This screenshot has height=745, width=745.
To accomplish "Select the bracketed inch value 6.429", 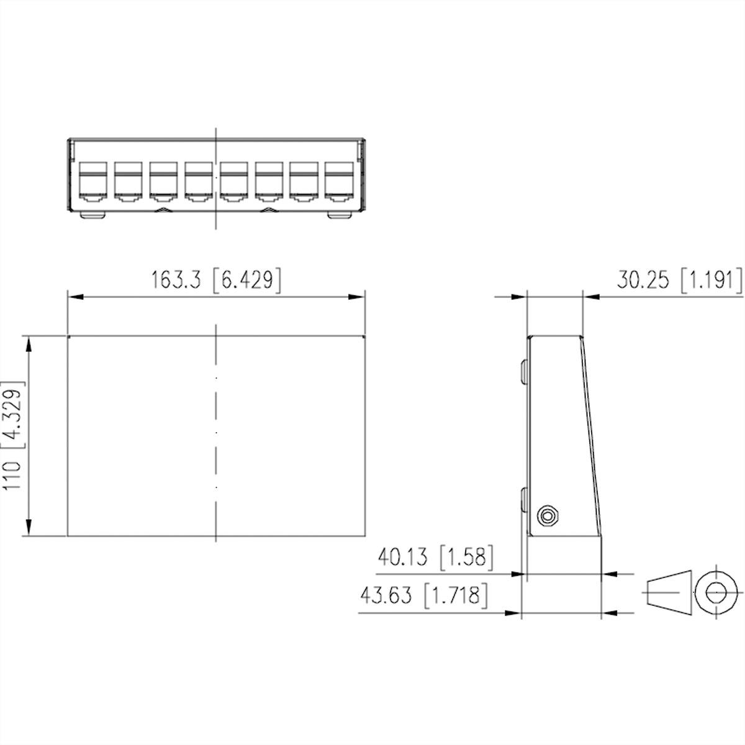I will click(x=247, y=280).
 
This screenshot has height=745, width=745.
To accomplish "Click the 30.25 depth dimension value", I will click(x=643, y=280).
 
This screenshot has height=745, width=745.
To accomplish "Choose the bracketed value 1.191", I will click(x=711, y=280).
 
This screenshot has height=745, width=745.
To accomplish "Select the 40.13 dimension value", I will click(x=403, y=558).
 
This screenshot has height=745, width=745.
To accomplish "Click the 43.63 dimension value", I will click(x=386, y=596).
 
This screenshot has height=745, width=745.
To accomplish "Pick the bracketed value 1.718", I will click(x=456, y=596).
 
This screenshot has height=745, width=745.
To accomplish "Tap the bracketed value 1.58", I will click(x=467, y=558).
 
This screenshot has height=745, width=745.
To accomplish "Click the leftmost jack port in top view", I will click(x=94, y=183).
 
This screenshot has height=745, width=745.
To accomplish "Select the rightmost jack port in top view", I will click(x=338, y=183).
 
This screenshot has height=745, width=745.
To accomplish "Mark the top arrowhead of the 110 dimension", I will click(x=27, y=343).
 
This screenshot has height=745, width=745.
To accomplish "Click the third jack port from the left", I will click(x=163, y=183).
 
